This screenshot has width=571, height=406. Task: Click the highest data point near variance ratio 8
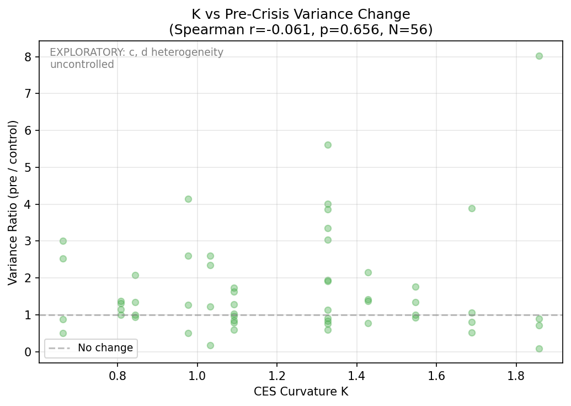pos(539,56)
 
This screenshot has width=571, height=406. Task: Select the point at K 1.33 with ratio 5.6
pos(328,145)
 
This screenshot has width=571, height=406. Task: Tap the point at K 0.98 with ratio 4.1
pos(188,199)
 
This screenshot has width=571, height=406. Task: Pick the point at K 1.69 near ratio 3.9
pos(472,208)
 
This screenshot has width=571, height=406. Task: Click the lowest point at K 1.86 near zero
pos(539,349)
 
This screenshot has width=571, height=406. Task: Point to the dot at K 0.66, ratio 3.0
pos(63,241)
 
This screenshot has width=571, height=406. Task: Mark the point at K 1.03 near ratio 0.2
pos(210,345)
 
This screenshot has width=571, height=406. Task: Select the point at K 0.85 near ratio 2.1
pos(135,275)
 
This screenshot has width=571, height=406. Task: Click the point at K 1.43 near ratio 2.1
pos(368,272)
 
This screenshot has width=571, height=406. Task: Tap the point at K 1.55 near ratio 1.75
pos(415,287)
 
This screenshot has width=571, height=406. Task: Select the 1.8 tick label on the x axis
pos(516,376)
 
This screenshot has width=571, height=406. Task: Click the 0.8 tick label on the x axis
pos(117,376)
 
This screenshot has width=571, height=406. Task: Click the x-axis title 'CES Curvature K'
pos(301,392)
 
